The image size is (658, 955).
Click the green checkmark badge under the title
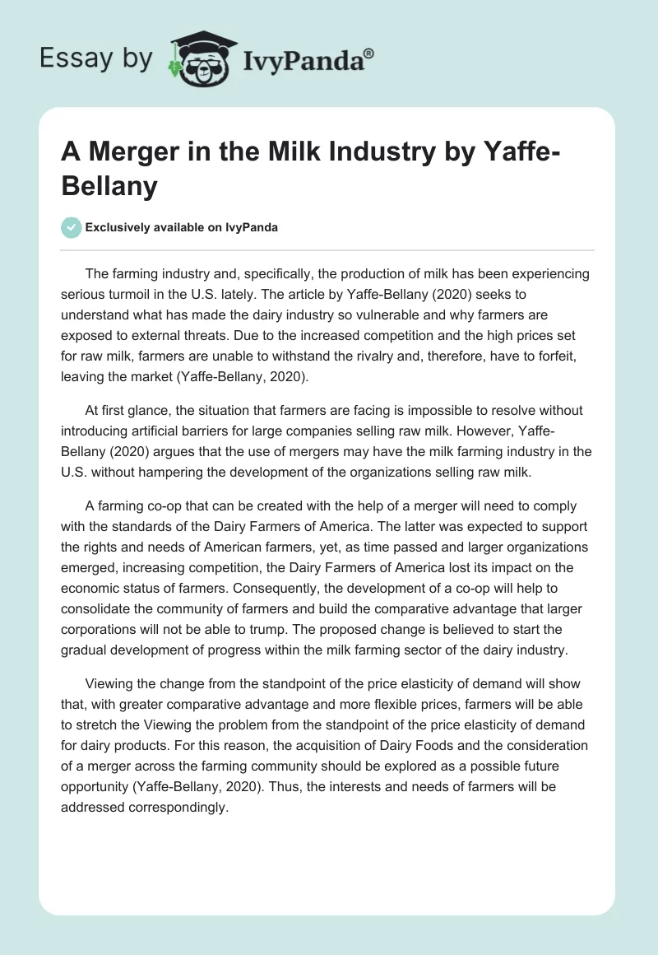(72, 227)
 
